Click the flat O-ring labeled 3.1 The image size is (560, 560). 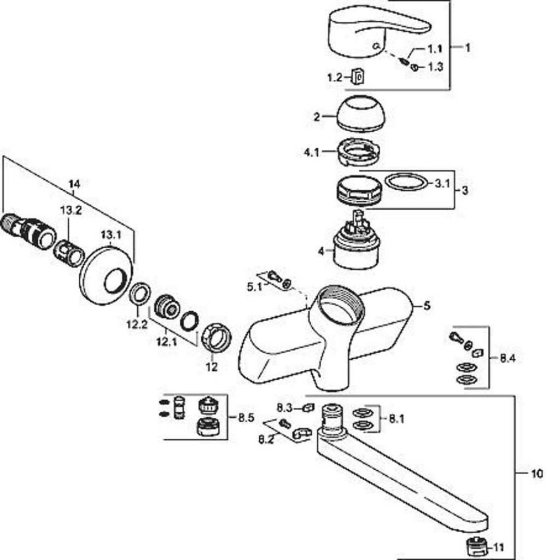(406, 182)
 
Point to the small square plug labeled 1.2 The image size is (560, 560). (358, 77)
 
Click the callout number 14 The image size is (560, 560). (74, 184)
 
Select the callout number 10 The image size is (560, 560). (537, 473)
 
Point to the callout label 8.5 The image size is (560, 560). (246, 418)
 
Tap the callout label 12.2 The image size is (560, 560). (137, 324)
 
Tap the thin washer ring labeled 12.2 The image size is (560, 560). (141, 294)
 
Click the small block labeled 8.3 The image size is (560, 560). (308, 407)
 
